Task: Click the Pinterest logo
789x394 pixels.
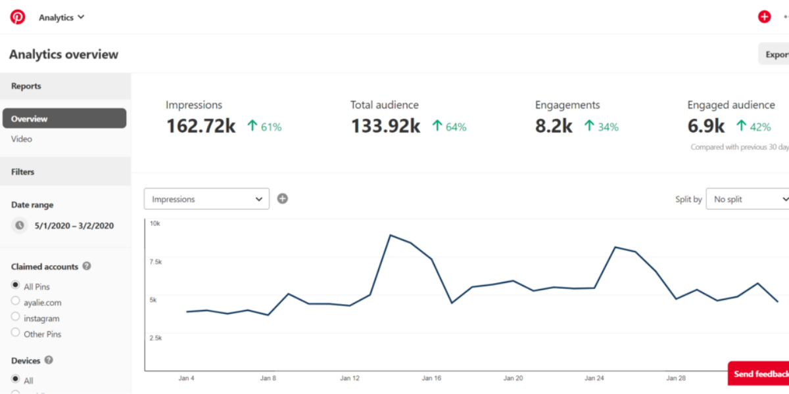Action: [x=18, y=17]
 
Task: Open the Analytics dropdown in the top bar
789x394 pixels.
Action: [x=62, y=18]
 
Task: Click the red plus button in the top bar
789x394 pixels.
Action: [x=764, y=17]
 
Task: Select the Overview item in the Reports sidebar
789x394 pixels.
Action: [x=64, y=119]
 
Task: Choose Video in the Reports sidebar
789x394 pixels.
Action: [x=22, y=139]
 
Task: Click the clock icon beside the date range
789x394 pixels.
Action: [x=20, y=226]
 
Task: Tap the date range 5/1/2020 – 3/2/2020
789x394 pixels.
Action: [x=74, y=226]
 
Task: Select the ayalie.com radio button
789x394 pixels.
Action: [x=16, y=301]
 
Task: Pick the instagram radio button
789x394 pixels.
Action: [x=16, y=317]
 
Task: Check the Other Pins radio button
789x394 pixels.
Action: [x=16, y=333]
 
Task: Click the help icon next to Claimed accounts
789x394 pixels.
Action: [x=87, y=267]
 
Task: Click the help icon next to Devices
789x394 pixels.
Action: [x=49, y=361]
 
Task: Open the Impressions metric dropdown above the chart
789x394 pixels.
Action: [x=206, y=199]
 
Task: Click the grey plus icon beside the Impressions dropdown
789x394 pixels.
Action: [x=283, y=198]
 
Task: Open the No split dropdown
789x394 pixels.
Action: [x=748, y=199]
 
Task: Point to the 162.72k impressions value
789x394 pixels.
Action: [x=201, y=126]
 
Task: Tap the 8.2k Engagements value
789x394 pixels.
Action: [x=554, y=126]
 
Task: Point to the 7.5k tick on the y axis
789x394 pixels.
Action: [x=156, y=262]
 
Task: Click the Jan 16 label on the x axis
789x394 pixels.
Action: [x=431, y=378]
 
